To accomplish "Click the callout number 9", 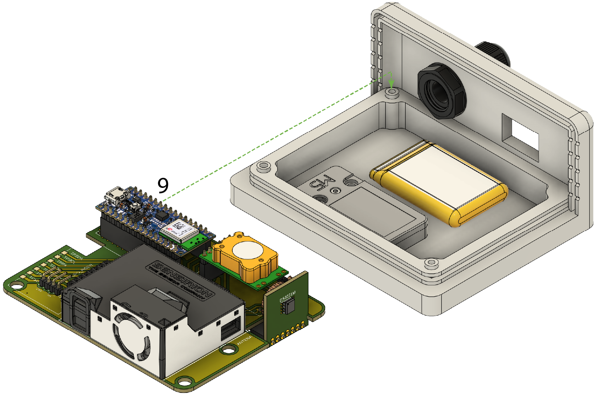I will (x=163, y=186).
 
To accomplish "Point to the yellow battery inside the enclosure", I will (x=439, y=182).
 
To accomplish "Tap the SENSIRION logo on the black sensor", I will (x=181, y=280).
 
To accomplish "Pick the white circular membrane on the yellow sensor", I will (x=247, y=251).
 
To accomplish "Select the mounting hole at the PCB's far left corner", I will (x=15, y=287).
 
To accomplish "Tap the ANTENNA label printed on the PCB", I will (x=244, y=341).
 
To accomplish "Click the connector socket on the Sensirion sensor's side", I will (x=229, y=330).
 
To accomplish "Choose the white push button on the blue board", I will (x=136, y=205).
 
